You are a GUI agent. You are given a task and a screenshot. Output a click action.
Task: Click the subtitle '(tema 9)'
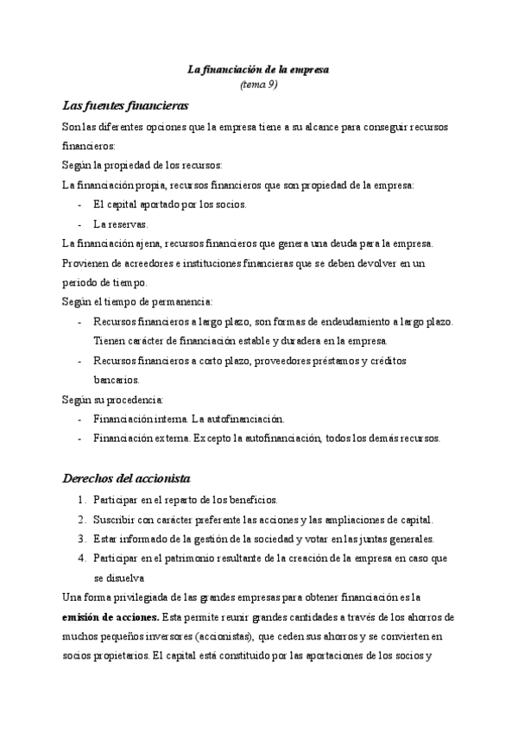[x=258, y=85]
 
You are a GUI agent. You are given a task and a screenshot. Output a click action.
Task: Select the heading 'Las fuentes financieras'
[x=126, y=106]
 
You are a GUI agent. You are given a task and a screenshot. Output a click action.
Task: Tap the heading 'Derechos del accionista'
[x=127, y=478]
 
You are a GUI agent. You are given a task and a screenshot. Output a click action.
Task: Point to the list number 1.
[x=81, y=501]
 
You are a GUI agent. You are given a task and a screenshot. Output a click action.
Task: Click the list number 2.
[x=81, y=520]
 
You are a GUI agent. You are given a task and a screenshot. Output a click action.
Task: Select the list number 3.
[x=81, y=540]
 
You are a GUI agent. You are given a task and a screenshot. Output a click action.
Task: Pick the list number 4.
[x=81, y=558]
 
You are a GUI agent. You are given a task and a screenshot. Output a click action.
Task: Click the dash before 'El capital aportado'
[x=80, y=205]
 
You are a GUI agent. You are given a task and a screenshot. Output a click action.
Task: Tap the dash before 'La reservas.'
[x=80, y=224]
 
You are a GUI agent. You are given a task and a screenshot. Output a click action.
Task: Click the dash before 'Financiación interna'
[x=80, y=419]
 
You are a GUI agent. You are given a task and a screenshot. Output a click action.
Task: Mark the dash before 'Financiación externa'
[x=80, y=438]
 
